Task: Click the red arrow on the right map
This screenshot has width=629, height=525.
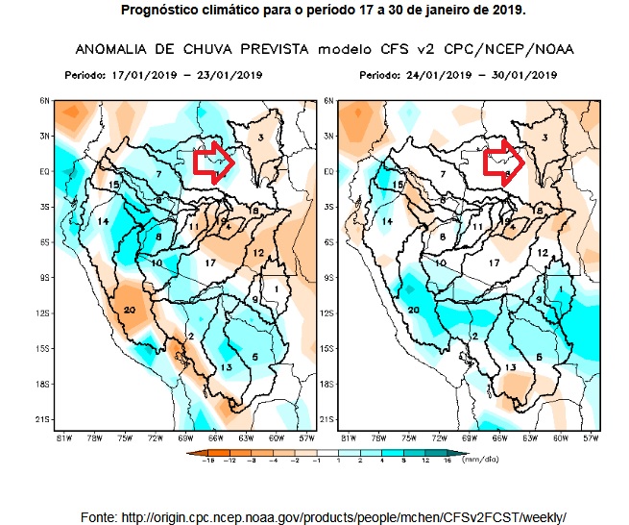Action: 504,161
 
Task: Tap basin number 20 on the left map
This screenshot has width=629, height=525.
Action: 130,309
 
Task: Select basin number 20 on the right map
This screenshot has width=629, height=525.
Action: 414,310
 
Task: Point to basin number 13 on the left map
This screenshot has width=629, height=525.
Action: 227,366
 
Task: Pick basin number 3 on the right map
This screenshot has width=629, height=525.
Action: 544,139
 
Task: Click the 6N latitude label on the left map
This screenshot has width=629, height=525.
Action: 44,100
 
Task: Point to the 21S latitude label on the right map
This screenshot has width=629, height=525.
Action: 328,419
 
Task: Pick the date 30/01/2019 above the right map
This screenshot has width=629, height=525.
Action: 524,73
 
